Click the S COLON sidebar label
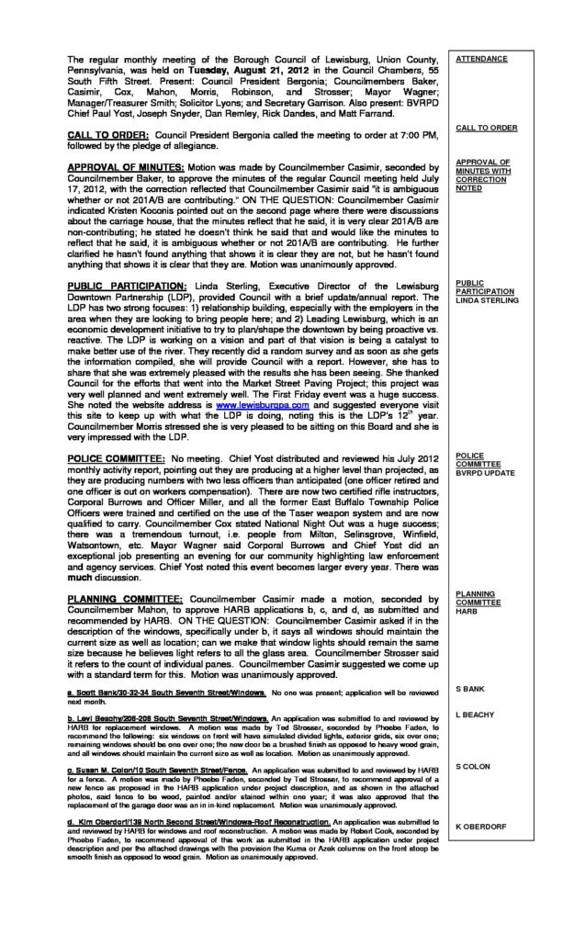tap(474, 767)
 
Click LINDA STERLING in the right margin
tap(487, 299)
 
